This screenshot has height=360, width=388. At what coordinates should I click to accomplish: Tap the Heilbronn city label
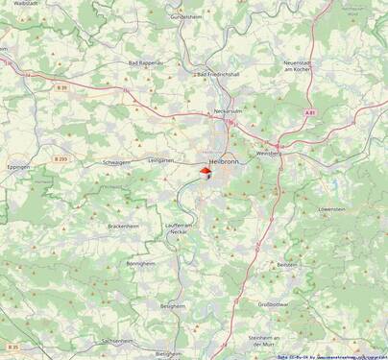pos(224,161)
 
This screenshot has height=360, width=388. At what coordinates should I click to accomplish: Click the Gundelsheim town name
pos(187,16)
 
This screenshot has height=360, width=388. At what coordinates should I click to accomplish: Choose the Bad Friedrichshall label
pos(216,73)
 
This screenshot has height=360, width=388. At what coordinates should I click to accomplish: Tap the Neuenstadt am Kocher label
pos(302,66)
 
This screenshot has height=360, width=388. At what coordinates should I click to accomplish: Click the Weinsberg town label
pos(267,154)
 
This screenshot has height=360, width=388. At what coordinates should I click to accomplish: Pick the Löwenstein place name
pos(331,208)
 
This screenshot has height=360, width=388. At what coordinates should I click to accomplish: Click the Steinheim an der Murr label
pos(263,341)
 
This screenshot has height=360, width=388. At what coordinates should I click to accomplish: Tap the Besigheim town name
pos(172,305)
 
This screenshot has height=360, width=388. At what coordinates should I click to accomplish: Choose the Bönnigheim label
pos(140,263)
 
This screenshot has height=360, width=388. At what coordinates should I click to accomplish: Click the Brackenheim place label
pos(124,226)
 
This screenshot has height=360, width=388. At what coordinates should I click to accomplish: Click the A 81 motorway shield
pos(310,112)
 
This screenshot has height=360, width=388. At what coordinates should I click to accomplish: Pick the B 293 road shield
pos(61,158)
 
